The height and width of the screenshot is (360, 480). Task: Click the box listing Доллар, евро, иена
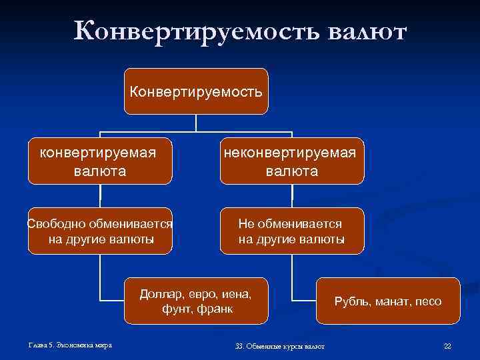click(x=195, y=301)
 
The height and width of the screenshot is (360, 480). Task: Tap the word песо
click(x=428, y=301)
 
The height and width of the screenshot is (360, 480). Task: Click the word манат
click(x=391, y=301)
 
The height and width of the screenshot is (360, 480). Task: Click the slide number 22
click(x=447, y=346)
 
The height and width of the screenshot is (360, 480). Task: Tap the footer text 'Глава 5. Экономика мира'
click(x=70, y=345)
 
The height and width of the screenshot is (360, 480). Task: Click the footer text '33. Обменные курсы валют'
click(x=280, y=346)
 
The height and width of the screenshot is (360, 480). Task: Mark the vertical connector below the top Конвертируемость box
click(x=195, y=123)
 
